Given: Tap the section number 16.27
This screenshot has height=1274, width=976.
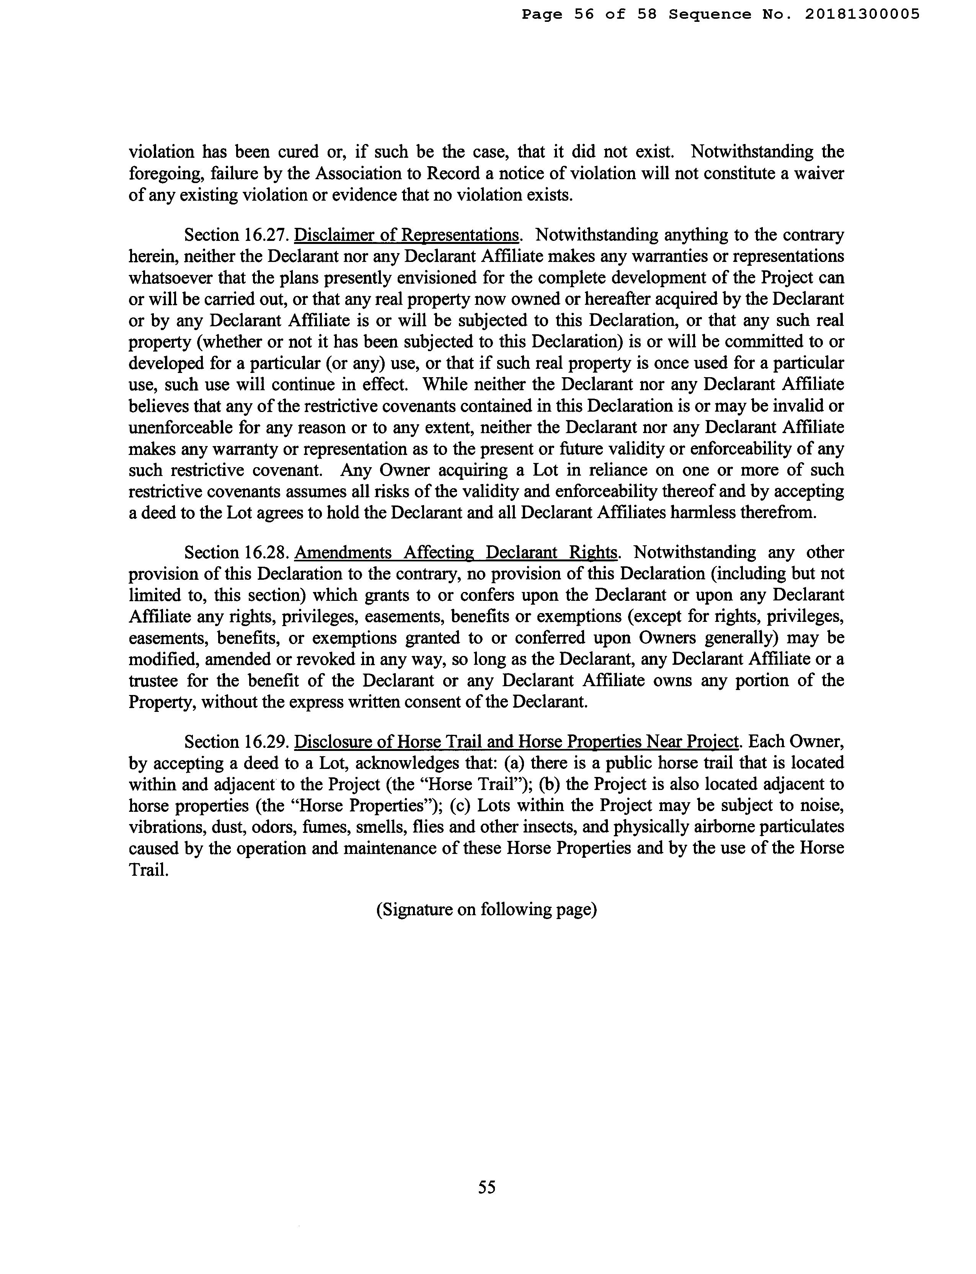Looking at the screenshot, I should tap(267, 236).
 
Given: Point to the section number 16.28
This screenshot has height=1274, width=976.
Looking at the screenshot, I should tap(267, 552).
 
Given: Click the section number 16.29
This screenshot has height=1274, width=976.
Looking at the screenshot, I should tap(267, 742).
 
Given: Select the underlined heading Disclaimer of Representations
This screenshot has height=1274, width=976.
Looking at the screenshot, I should tap(406, 236).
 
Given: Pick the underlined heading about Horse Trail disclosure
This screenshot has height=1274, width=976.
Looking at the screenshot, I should tap(516, 742).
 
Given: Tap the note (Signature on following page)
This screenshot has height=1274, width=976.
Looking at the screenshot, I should tap(487, 909).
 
